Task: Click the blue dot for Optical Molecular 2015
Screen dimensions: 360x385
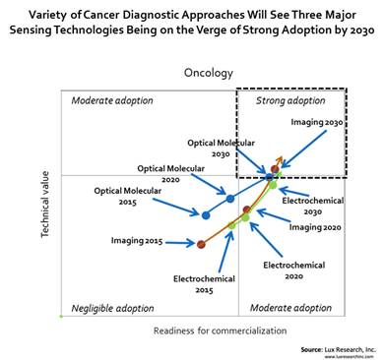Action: (206, 213)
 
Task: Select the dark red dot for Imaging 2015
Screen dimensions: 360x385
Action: (201, 244)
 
